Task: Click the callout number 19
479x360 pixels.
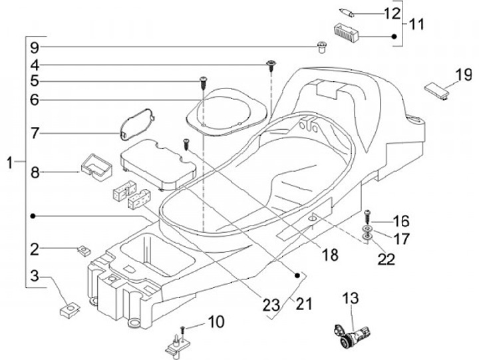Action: click(x=463, y=75)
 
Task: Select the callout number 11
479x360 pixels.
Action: click(x=416, y=25)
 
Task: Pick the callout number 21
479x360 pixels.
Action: click(x=304, y=304)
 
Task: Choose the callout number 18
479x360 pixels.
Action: click(x=331, y=254)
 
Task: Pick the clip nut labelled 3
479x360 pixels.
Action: click(x=69, y=309)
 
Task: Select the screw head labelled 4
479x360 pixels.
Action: click(x=271, y=64)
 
